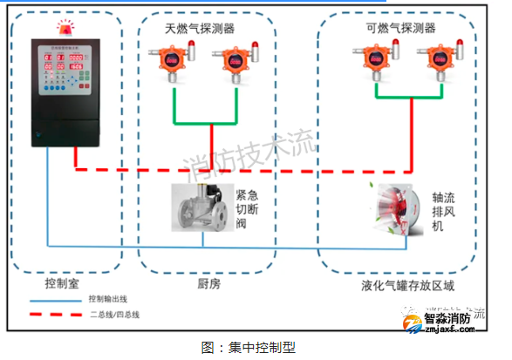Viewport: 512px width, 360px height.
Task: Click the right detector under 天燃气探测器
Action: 237,63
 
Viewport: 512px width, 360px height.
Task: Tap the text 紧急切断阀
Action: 248,209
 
